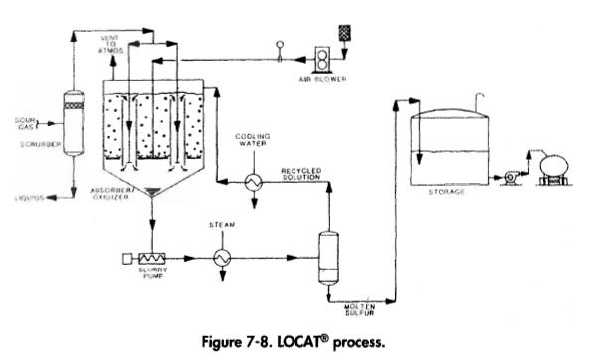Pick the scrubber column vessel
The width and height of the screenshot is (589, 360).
72,118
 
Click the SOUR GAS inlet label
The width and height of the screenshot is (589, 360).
25,124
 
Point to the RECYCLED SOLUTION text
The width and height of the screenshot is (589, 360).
300,175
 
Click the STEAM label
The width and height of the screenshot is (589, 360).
221,226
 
